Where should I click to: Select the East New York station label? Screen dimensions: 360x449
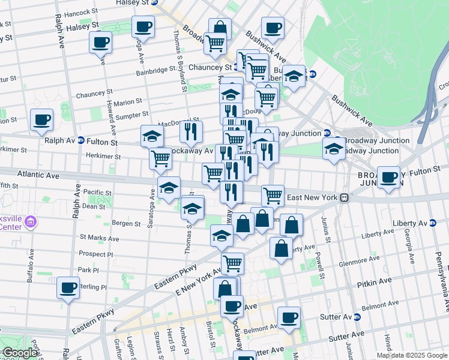click(x=313, y=197)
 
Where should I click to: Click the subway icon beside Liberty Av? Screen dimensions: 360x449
click(x=432, y=223)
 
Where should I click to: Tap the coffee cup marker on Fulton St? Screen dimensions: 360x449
click(x=389, y=178)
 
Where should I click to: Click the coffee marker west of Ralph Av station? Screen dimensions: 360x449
click(x=41, y=120)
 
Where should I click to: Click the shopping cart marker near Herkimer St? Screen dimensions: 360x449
click(x=160, y=159)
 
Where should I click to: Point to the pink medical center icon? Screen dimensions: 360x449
click(x=32, y=223)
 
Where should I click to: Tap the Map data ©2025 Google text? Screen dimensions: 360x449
click(x=411, y=355)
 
